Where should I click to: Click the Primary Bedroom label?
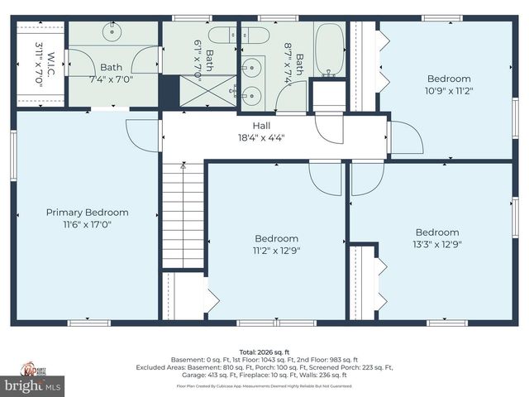pyautogui.click(x=87, y=213)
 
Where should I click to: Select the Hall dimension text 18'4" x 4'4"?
pyautogui.click(x=261, y=138)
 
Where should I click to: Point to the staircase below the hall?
pyautogui.click(x=183, y=215)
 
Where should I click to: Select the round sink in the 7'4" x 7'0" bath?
pyautogui.click(x=112, y=32)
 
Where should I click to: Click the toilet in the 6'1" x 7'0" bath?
pyautogui.click(x=221, y=36)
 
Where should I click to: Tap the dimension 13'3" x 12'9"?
pyautogui.click(x=436, y=244)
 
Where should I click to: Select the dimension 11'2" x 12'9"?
pyautogui.click(x=276, y=249)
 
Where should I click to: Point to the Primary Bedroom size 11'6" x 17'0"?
pyautogui.click(x=87, y=224)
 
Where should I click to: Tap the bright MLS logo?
pyautogui.click(x=32, y=385)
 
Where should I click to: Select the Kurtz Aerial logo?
pyautogui.click(x=32, y=368)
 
